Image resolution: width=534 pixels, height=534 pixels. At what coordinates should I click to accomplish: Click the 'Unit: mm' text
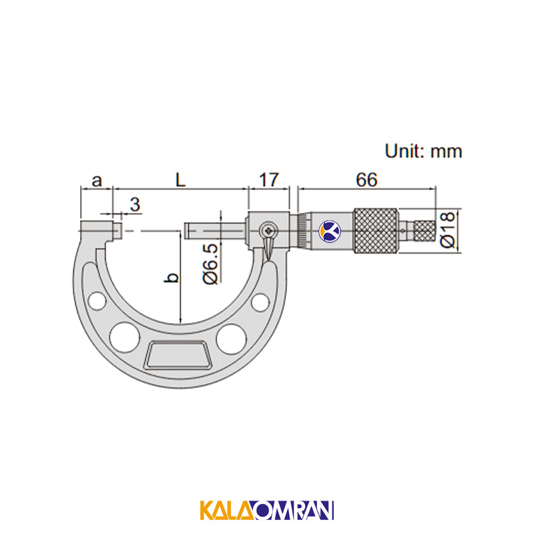coord(423,152)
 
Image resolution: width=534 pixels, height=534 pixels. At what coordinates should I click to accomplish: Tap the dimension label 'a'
coord(97,181)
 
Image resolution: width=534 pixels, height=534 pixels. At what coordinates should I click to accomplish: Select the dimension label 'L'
coord(180,180)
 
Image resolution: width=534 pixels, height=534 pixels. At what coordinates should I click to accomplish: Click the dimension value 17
coord(269,180)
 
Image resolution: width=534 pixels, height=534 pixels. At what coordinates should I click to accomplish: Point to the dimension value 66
coord(366,180)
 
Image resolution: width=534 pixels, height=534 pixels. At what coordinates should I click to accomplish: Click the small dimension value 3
coord(135,204)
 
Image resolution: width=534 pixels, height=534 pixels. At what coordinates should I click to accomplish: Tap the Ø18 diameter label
coord(447,230)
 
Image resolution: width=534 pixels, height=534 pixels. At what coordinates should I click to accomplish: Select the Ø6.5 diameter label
coord(210,264)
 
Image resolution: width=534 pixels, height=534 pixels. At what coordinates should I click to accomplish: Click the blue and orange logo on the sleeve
coord(329,232)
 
